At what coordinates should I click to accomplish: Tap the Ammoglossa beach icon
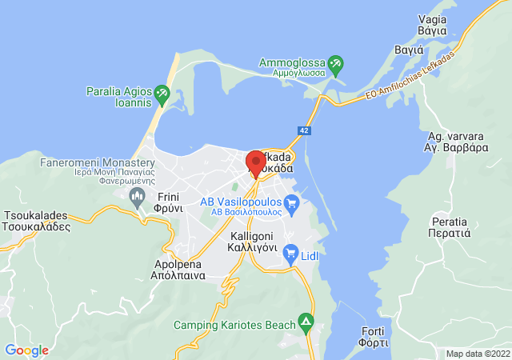(x=336, y=62)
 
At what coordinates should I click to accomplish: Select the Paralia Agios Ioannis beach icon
(x=163, y=94)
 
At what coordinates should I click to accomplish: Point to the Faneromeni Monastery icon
(x=138, y=198)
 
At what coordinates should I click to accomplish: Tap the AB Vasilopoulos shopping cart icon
(x=291, y=203)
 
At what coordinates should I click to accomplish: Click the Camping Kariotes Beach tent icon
(x=305, y=323)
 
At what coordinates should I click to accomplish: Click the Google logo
(x=26, y=350)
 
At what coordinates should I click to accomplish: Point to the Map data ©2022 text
(x=477, y=354)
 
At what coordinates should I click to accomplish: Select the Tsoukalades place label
(x=38, y=222)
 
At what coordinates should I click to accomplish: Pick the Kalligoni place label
(x=253, y=242)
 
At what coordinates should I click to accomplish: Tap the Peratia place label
(x=447, y=228)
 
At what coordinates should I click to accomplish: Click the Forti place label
(x=374, y=337)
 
